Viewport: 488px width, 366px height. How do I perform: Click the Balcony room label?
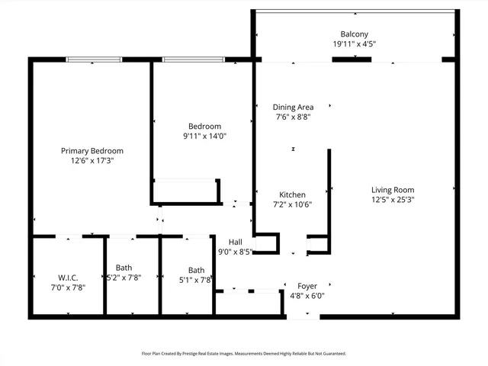[x=354, y=34]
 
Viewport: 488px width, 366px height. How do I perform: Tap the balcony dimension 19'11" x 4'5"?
[x=354, y=44]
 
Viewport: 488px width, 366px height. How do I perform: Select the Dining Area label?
[x=294, y=108]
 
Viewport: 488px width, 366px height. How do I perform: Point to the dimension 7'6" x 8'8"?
[x=294, y=117]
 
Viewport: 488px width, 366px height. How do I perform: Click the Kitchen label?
[x=293, y=194]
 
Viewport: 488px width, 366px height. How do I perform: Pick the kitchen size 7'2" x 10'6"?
[x=293, y=204]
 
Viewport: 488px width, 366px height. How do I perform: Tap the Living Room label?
[x=393, y=190]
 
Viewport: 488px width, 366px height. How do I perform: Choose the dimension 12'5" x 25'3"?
[x=393, y=200]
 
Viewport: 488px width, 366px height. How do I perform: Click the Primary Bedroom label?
[x=91, y=151]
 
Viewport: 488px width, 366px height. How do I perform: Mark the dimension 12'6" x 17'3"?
[x=91, y=161]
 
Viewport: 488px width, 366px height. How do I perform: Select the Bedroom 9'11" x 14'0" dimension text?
[x=205, y=136]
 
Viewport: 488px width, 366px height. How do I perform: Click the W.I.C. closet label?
[x=68, y=278]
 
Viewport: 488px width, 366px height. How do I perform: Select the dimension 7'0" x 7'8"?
[x=68, y=287]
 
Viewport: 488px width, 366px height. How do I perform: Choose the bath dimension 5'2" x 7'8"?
[x=124, y=278]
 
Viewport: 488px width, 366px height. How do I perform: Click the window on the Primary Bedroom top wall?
[x=95, y=59]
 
